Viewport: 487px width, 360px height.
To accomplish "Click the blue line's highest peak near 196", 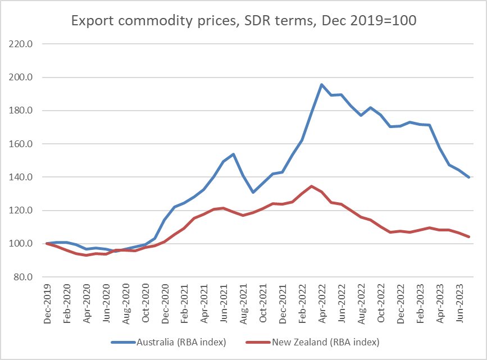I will click(x=321, y=85).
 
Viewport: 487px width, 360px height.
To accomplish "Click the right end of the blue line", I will click(x=468, y=177).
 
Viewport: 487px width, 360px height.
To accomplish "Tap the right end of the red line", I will click(x=468, y=236).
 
